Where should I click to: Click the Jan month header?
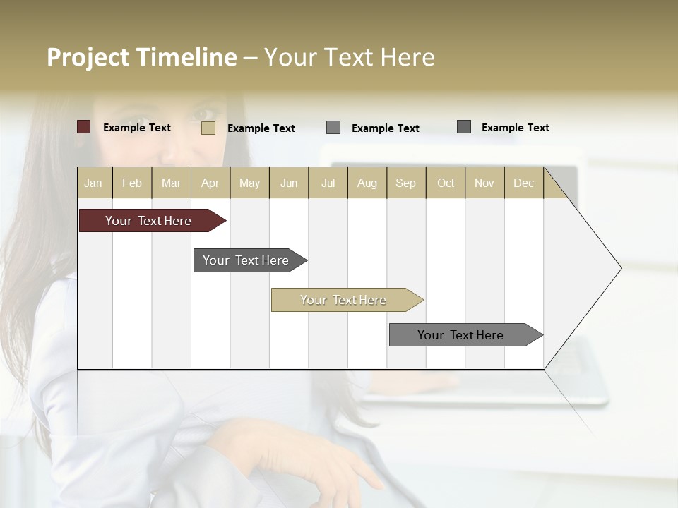[94, 183]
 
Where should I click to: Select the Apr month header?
[210, 183]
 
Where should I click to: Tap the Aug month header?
[367, 183]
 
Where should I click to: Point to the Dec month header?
[523, 183]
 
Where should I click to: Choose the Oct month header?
[446, 183]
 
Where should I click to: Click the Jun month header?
[289, 183]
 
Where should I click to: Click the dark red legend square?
[83, 127]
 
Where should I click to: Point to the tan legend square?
[208, 128]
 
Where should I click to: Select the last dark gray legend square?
[464, 127]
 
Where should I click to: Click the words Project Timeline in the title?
[141, 57]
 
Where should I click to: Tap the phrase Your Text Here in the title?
[350, 57]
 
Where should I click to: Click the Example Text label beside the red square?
[137, 128]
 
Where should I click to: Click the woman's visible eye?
[204, 113]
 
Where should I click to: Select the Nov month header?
[484, 183]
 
